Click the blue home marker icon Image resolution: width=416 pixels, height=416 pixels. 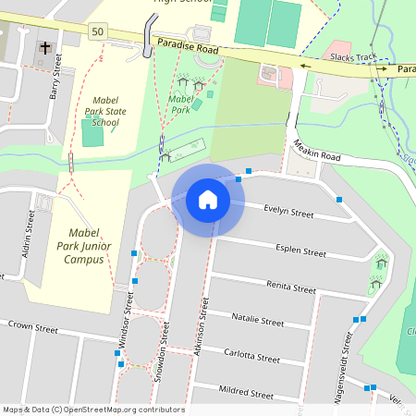pos(208,199)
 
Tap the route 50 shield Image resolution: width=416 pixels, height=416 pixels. pos(98,31)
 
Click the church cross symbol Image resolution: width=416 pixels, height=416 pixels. pos(43,48)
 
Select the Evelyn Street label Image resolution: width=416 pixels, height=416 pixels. pos(288,212)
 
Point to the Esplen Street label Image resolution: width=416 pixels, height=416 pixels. pos(300,251)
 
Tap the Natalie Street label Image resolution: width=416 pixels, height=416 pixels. pos(258,322)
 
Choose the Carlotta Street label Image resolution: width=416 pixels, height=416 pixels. pos(251,357)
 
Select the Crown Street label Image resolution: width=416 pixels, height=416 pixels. pos(32,326)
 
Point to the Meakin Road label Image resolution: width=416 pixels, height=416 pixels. pos(316,151)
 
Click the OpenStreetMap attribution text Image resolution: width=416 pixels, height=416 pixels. pos(93,410)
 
